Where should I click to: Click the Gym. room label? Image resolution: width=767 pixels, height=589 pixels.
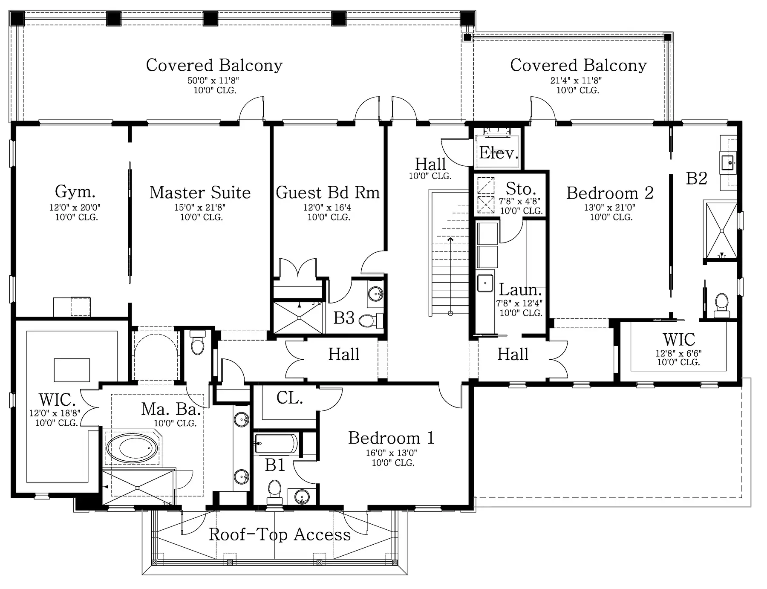(75, 191)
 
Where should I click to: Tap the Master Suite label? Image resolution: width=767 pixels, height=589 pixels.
(200, 192)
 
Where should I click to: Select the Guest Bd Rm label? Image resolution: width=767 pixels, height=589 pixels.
(328, 192)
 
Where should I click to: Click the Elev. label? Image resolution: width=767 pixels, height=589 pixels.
(499, 153)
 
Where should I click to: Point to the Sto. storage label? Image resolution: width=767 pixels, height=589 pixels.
(521, 188)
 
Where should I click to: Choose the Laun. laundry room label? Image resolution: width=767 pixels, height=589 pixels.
(520, 290)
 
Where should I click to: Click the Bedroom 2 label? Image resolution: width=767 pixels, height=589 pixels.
(610, 193)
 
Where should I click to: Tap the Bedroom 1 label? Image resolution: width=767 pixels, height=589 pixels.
(391, 438)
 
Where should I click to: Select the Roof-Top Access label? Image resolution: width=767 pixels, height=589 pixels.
(280, 534)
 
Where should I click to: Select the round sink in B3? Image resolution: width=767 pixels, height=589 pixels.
(375, 293)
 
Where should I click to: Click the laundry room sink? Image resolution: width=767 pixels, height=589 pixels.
(485, 283)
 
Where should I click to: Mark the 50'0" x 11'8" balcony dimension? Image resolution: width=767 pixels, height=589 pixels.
(213, 80)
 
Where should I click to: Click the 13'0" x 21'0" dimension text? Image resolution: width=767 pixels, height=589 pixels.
(610, 208)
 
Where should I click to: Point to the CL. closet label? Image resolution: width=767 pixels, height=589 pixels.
(289, 398)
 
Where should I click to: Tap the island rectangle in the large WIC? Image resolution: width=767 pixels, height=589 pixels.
(72, 370)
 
